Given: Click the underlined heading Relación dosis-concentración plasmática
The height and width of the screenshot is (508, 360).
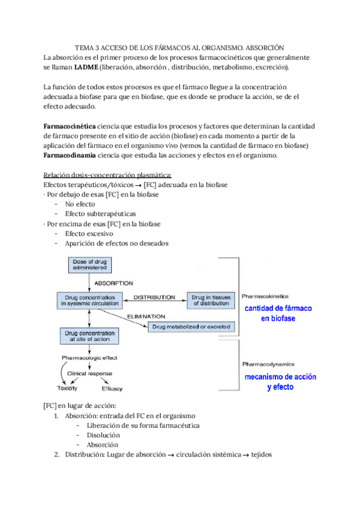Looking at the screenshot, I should point(107,175).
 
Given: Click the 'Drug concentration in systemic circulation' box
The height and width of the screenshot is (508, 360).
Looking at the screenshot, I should point(89,301).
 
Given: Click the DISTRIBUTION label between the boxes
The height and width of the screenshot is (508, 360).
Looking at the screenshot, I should point(154,297).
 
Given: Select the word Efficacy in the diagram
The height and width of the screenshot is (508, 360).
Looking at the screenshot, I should point(112,388).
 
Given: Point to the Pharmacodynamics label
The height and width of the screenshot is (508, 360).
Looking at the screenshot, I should point(267,364).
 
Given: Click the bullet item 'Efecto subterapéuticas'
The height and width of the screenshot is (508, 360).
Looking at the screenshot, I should point(100,213).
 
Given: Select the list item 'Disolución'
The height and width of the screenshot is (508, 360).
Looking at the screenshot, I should point(103,435).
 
